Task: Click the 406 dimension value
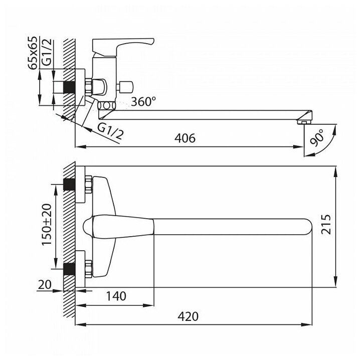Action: (185, 137)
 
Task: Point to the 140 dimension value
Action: (116, 296)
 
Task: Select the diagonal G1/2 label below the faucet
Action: (110, 131)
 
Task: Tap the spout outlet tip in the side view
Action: (304, 121)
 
